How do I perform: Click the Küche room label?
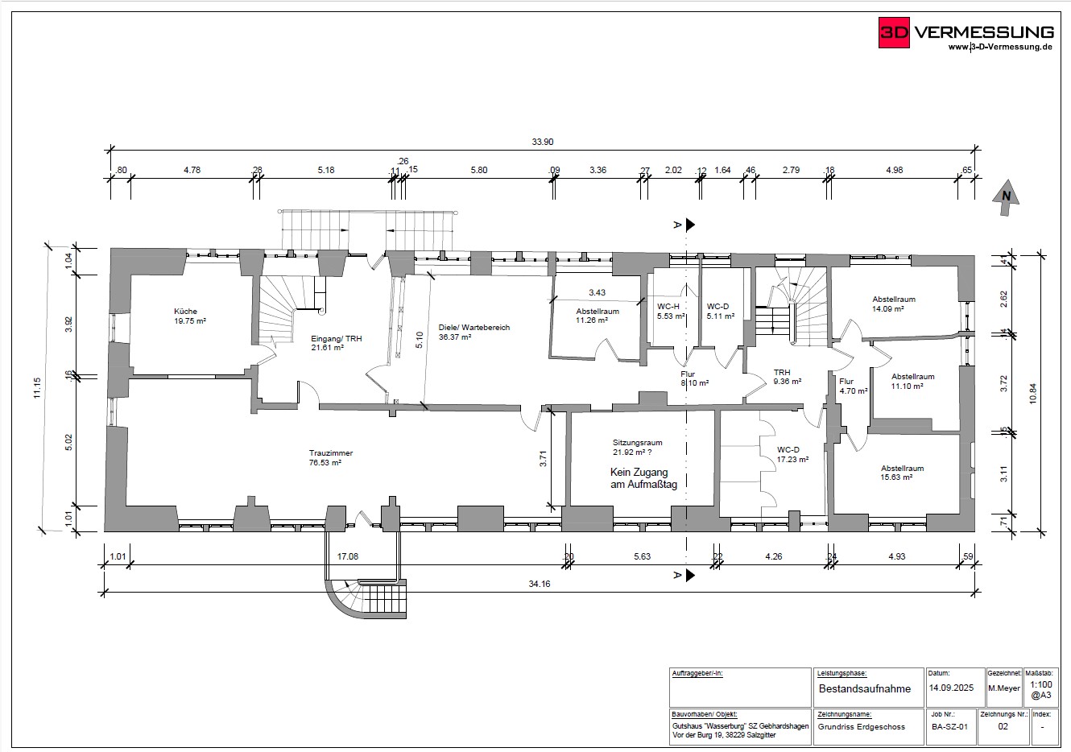[185, 312]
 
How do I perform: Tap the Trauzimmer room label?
[331, 452]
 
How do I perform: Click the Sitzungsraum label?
[637, 443]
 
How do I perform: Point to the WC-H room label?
[668, 307]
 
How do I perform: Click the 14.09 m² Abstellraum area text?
[888, 309]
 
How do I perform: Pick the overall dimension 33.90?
[543, 142]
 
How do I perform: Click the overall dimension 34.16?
[540, 584]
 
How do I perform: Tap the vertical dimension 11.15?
[37, 388]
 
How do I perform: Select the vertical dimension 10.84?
[1033, 394]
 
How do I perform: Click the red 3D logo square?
[894, 32]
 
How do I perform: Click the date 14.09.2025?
[951, 688]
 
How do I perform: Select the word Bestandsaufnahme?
[865, 688]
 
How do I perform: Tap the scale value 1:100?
[1041, 684]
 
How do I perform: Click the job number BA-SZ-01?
[949, 727]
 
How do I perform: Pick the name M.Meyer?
[1004, 688]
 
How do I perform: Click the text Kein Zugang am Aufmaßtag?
[643, 478]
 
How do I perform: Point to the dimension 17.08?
[348, 556]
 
